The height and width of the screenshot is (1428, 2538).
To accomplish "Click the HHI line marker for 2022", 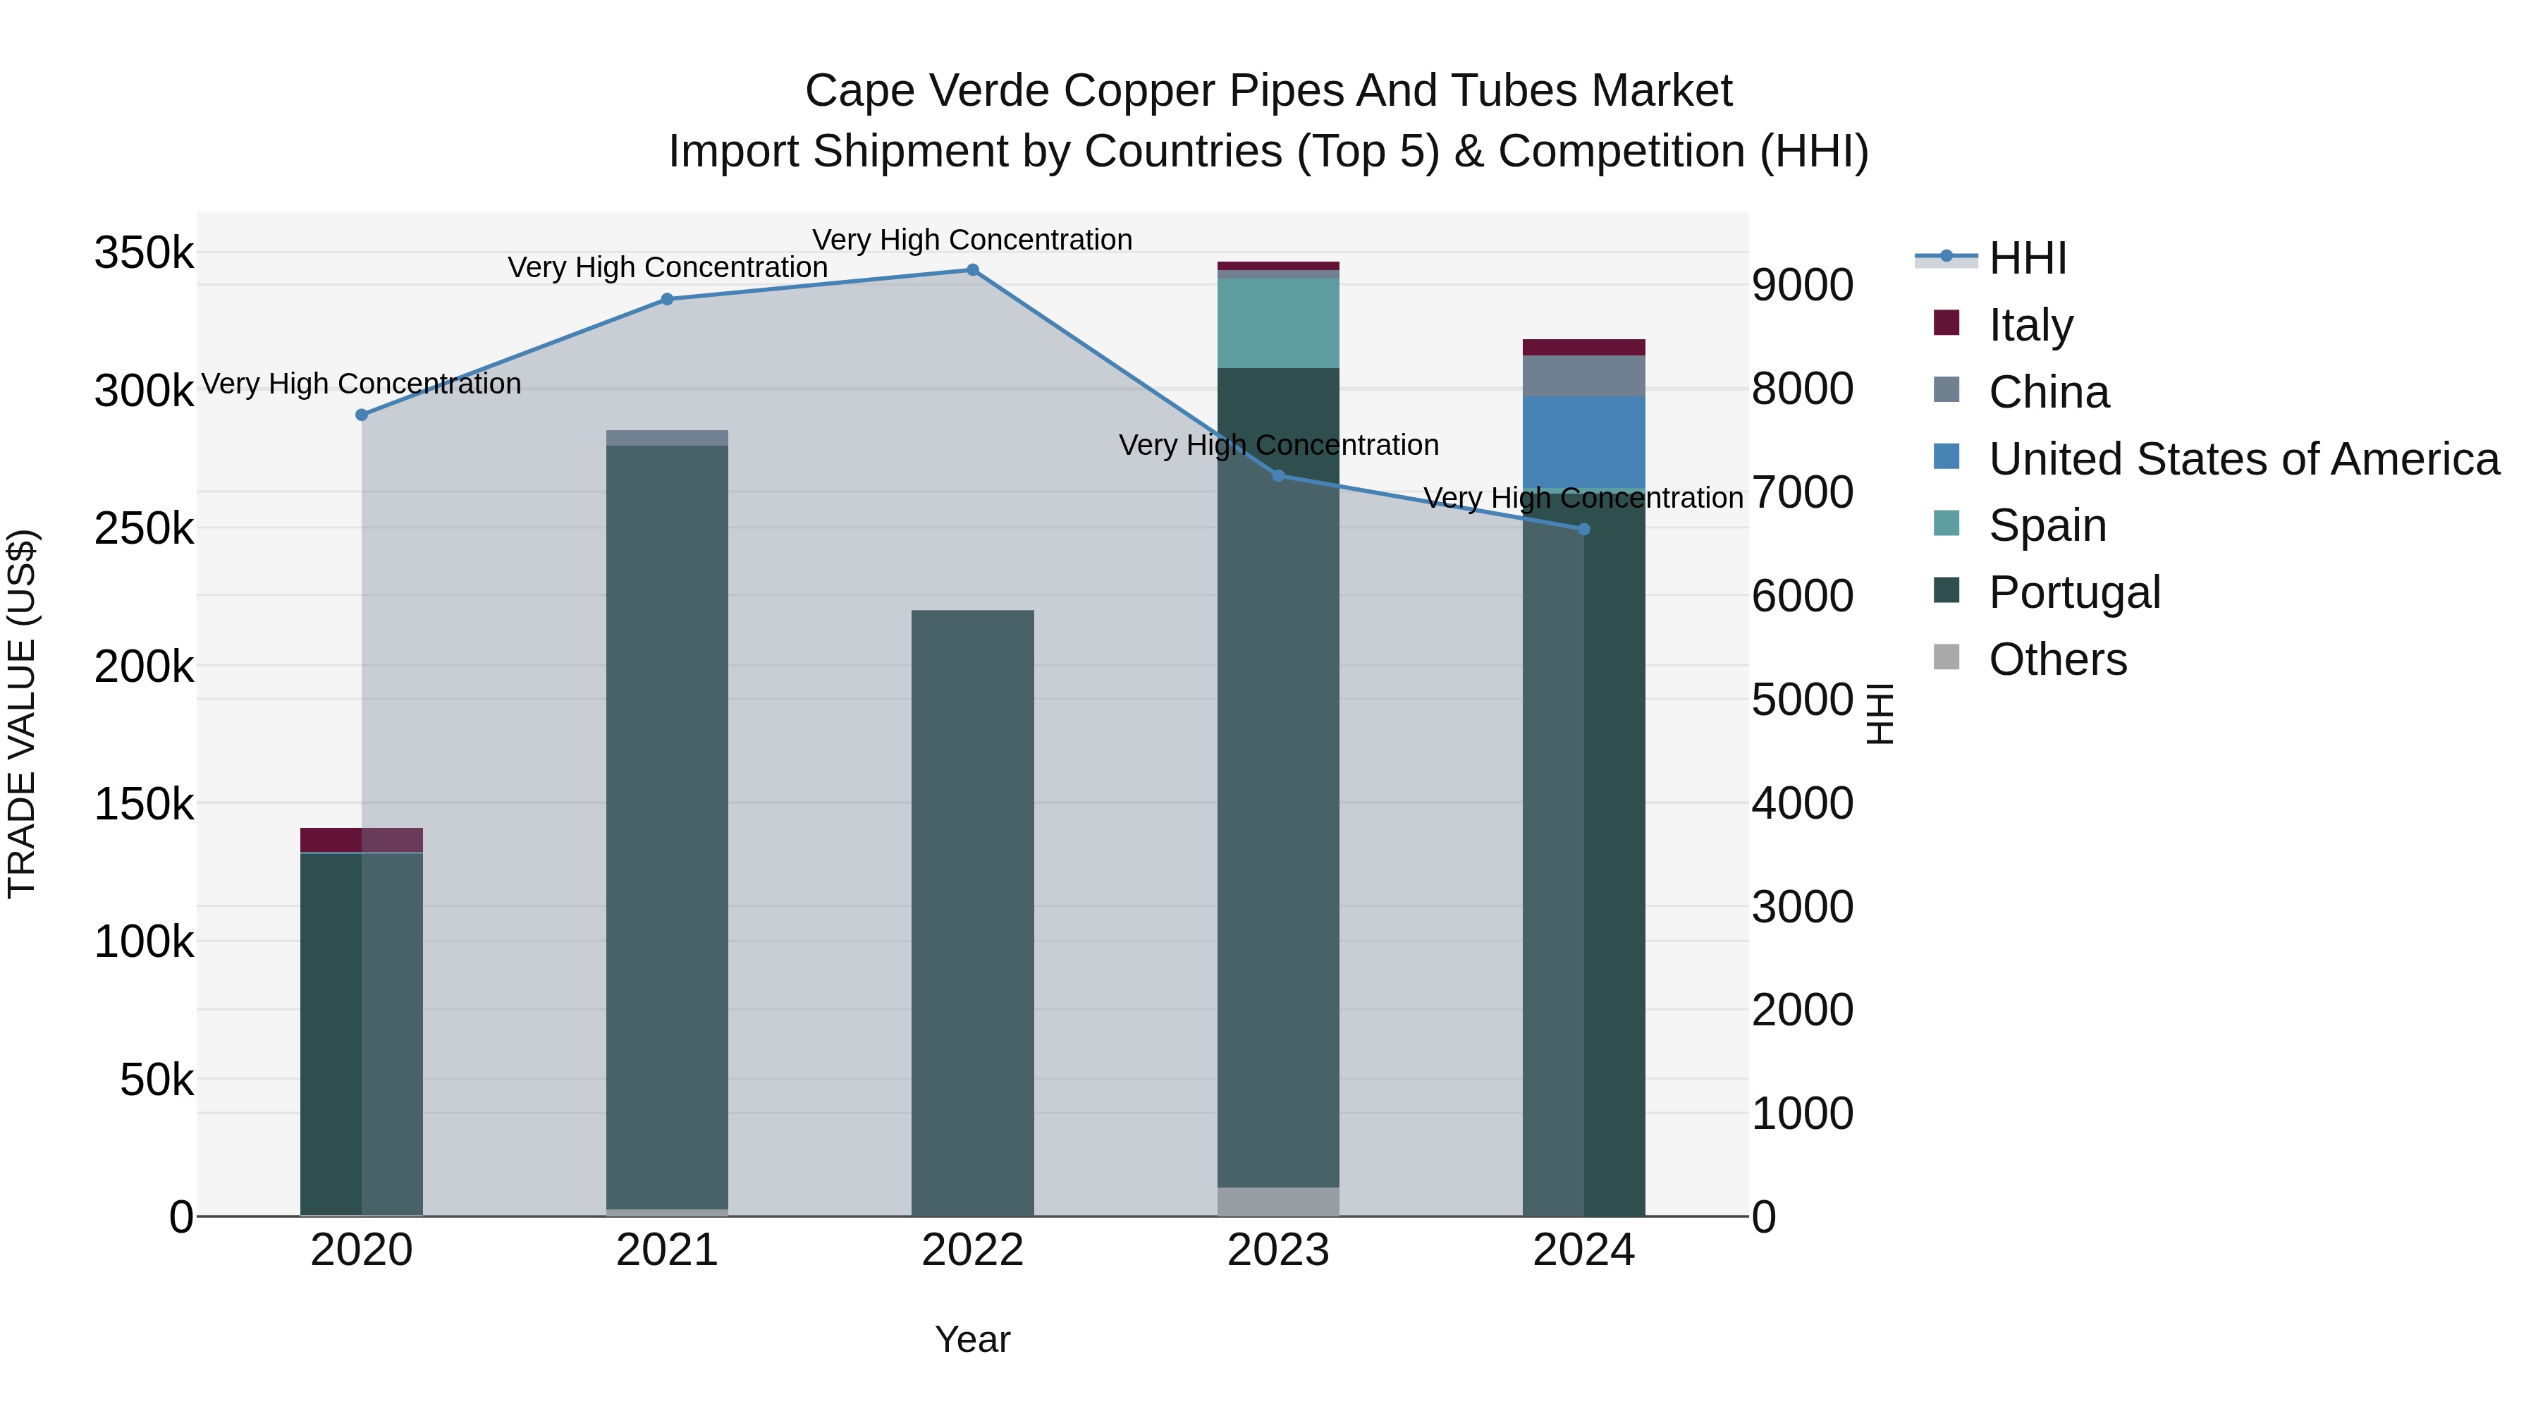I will click(x=972, y=270).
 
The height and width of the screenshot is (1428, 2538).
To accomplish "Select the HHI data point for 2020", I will click(x=362, y=415).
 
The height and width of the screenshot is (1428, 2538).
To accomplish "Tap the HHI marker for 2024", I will click(x=1584, y=529).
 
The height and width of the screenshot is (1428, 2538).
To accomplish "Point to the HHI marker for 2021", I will click(x=667, y=300).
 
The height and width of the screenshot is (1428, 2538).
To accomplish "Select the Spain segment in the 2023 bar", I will click(x=1278, y=323).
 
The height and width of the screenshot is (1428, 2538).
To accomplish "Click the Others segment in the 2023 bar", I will click(x=1278, y=1202).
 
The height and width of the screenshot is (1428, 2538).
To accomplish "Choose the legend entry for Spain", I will click(x=2047, y=525).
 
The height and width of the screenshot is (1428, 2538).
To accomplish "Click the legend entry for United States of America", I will click(x=2243, y=459).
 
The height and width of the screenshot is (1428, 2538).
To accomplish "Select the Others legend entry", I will click(x=2057, y=659).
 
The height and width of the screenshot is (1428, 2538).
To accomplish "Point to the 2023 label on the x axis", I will click(x=1278, y=1250).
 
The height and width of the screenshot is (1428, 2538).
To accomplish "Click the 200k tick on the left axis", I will click(x=144, y=667).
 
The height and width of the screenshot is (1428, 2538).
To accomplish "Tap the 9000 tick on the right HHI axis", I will click(x=1802, y=286).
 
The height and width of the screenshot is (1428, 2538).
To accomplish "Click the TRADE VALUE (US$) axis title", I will click(x=22, y=714).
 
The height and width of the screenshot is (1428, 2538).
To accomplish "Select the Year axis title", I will click(x=972, y=1339).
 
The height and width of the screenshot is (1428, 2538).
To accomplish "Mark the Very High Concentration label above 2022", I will click(x=972, y=240).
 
